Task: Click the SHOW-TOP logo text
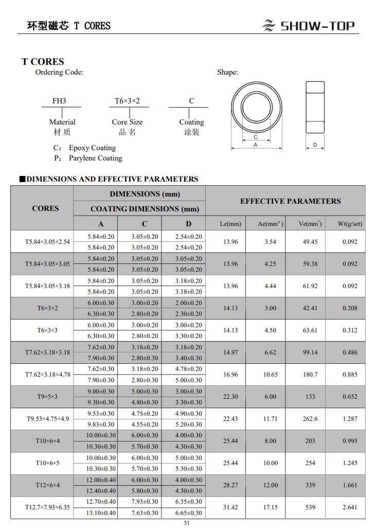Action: (x=317, y=26)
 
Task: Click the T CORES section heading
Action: (x=43, y=62)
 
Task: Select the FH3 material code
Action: (x=60, y=101)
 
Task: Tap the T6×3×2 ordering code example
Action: (x=127, y=101)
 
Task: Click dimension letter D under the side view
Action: (x=315, y=145)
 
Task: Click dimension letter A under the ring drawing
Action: (x=256, y=145)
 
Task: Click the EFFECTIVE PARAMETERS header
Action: (x=290, y=201)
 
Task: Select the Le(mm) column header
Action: (x=230, y=224)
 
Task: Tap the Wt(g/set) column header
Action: (x=350, y=224)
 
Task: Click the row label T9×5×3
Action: (x=47, y=397)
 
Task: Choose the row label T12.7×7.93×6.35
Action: (x=47, y=507)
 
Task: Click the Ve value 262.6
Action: (x=310, y=419)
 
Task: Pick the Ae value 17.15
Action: (x=271, y=507)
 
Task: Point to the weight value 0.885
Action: (x=350, y=375)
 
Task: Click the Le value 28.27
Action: (x=230, y=485)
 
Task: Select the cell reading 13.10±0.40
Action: (x=101, y=513)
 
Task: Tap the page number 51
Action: (x=187, y=523)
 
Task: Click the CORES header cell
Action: (x=45, y=208)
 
